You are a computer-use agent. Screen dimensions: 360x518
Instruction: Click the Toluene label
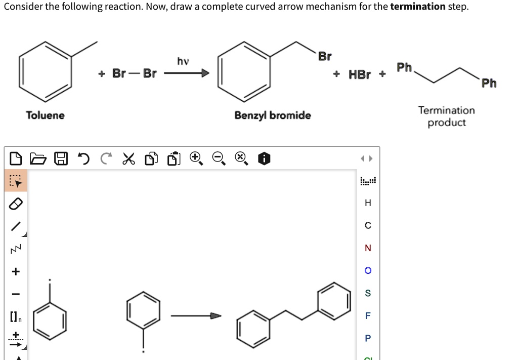(x=46, y=115)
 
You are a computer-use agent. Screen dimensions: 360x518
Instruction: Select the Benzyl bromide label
(x=273, y=115)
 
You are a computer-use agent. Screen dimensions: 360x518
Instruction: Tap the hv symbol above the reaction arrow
(x=183, y=61)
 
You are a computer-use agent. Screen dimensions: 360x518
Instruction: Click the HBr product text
(x=360, y=74)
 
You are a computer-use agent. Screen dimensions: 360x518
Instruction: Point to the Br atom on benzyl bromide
(x=325, y=56)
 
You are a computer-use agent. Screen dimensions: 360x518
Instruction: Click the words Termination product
(x=446, y=116)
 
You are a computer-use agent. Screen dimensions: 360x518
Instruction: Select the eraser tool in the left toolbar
(x=16, y=204)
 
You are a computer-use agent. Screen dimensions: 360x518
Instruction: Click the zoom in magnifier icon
(x=196, y=159)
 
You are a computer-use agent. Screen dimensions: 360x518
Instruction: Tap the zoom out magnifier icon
(x=218, y=159)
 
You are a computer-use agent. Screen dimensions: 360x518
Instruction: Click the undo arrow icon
(x=82, y=159)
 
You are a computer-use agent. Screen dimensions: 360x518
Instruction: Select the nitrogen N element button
(x=368, y=248)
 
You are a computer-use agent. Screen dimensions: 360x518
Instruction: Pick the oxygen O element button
(x=368, y=270)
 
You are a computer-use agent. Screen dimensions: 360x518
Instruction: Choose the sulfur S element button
(x=368, y=293)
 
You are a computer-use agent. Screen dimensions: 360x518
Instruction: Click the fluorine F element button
(x=368, y=315)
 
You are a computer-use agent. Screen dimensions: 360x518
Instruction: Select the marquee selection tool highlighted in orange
(x=16, y=181)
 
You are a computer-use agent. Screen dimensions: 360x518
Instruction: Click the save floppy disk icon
(x=61, y=159)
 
